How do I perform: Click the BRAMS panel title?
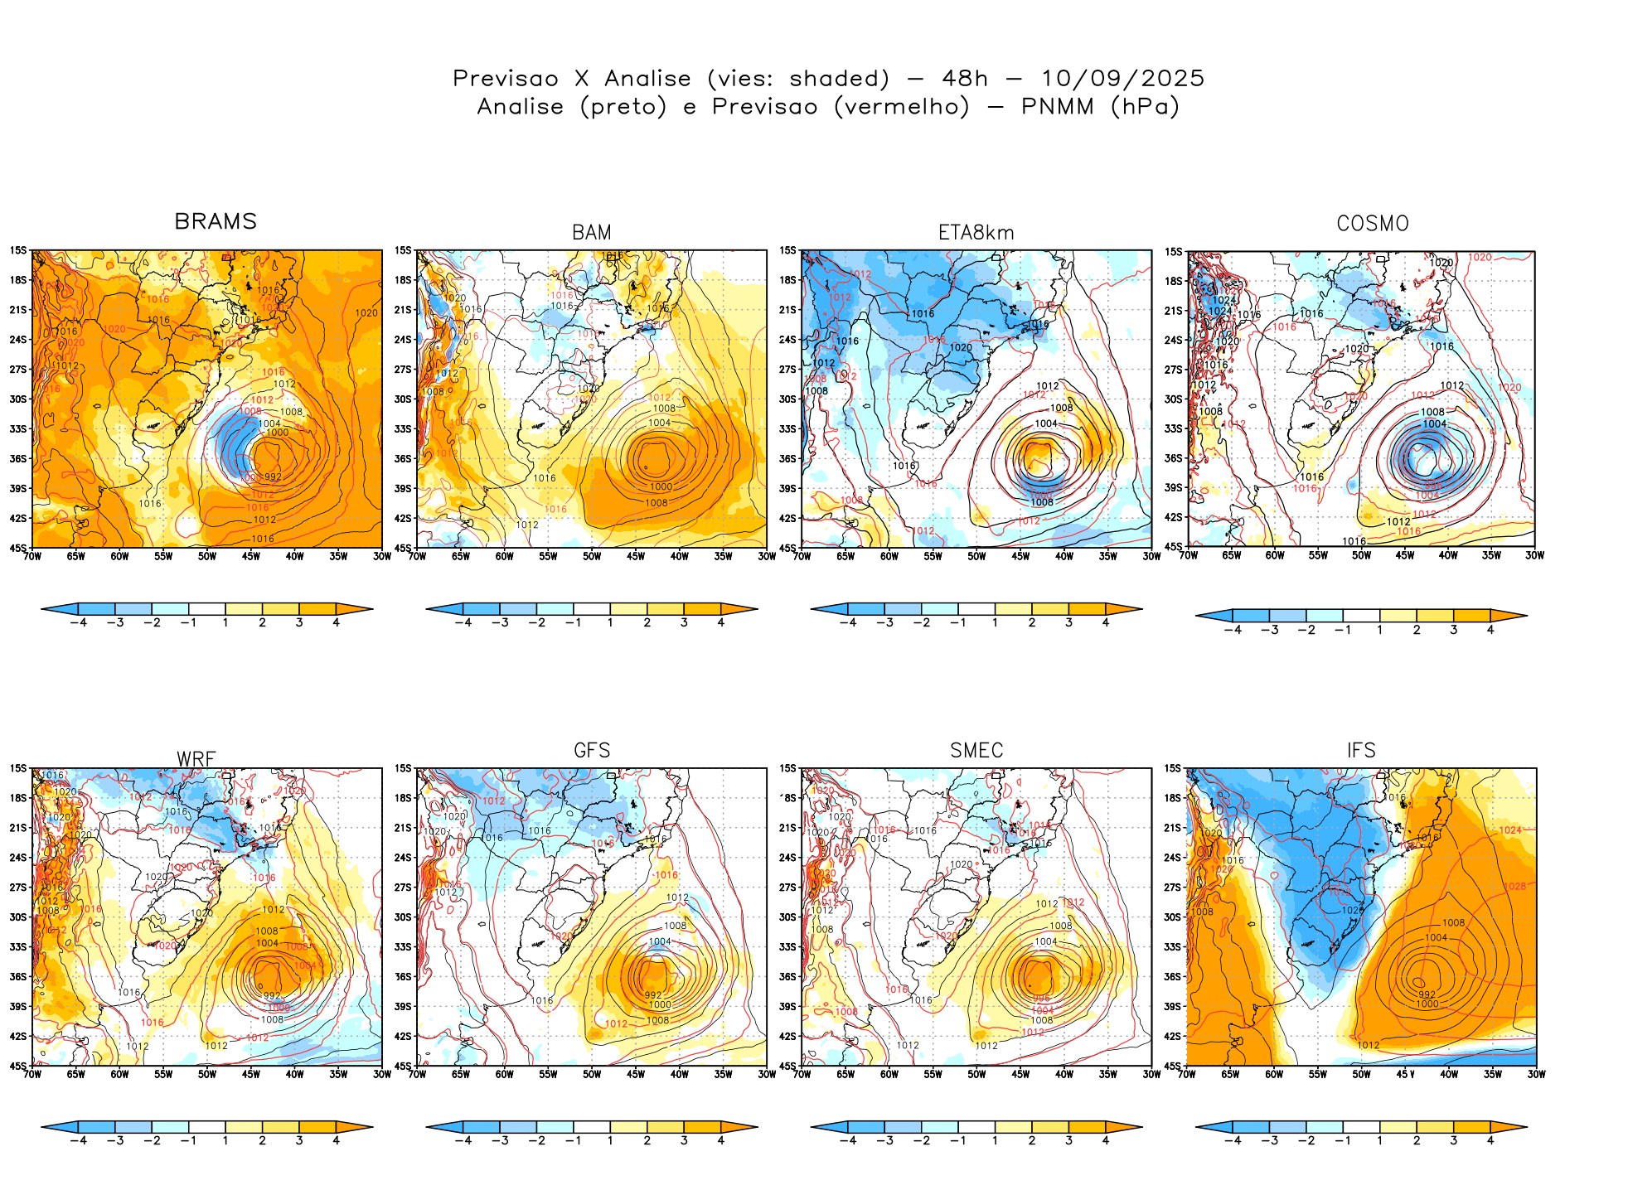click(216, 221)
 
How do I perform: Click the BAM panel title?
click(592, 233)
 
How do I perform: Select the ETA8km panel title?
click(976, 233)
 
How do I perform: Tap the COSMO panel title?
click(1372, 224)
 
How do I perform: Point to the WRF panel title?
click(196, 759)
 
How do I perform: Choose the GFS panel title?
click(592, 751)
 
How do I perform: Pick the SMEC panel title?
click(976, 751)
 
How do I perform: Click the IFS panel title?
click(1361, 751)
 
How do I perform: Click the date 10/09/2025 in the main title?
click(1122, 79)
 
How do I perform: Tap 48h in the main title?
click(965, 79)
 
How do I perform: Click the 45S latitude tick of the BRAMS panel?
click(17, 548)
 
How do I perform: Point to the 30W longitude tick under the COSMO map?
click(1534, 555)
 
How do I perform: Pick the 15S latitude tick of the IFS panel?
click(1172, 768)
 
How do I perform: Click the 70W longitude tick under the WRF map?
click(32, 1074)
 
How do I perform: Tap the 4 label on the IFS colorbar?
click(1490, 1140)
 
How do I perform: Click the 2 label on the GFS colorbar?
click(647, 1140)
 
